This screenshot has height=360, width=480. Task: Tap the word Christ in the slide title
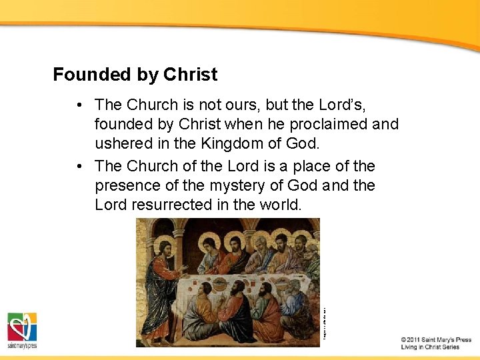coord(191,75)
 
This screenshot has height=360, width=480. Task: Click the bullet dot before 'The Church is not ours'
coord(79,105)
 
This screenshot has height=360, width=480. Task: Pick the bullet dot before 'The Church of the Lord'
coord(79,166)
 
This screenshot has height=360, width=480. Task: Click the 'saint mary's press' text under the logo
coord(22,346)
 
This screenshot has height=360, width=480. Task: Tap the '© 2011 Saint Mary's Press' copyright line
coord(436,339)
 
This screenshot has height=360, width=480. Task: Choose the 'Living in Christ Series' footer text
coord(430,347)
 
